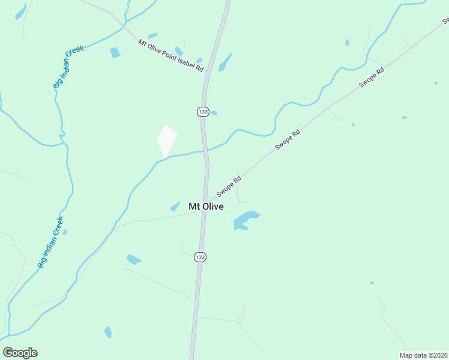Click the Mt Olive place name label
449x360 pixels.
[206, 206]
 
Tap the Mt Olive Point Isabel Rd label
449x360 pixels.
[171, 56]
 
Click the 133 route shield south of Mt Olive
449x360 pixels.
[200, 257]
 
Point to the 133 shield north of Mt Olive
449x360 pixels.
[203, 112]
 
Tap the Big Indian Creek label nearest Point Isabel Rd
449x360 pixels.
[68, 67]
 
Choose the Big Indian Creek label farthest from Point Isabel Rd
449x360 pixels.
[50, 241]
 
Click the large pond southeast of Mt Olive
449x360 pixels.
[245, 220]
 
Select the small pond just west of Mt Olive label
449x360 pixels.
[175, 206]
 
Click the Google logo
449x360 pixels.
[20, 353]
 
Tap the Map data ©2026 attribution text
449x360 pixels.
[423, 355]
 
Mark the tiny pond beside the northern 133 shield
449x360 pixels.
[214, 113]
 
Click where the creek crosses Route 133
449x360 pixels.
[205, 151]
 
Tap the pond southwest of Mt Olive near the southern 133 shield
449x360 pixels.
[133, 259]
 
